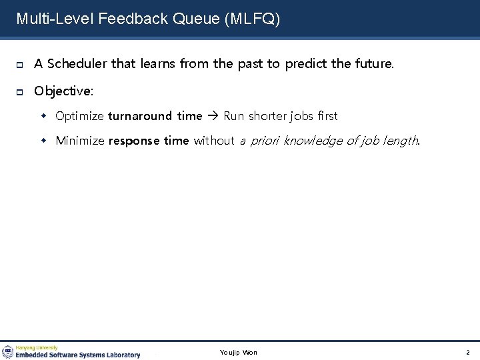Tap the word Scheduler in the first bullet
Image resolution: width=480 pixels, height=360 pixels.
click(77, 64)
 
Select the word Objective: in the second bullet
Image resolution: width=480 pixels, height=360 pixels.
click(65, 90)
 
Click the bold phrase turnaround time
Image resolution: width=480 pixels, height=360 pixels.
click(155, 116)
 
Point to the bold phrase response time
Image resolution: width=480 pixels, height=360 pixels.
click(149, 140)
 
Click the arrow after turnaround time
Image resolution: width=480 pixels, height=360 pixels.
click(213, 116)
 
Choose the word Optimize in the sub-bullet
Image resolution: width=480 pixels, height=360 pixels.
click(79, 116)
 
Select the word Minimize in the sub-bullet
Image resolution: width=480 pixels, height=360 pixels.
click(80, 140)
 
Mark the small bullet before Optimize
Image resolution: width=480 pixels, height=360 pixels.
click(47, 116)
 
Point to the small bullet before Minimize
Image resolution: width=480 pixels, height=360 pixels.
click(47, 140)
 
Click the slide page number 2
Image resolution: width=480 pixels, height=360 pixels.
click(467, 352)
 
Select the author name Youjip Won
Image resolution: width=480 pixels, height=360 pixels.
click(238, 352)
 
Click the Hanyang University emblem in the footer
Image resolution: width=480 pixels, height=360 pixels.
click(7, 351)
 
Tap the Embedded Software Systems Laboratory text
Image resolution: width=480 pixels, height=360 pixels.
click(78, 355)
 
